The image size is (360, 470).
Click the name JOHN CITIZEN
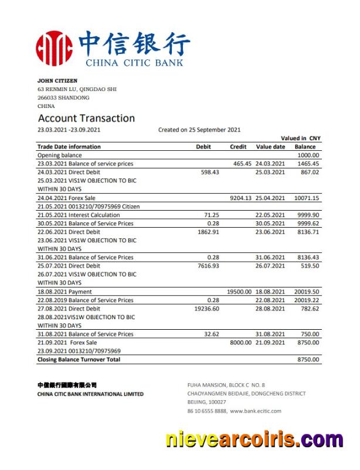[x=57, y=80]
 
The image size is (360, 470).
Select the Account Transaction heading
[x=86, y=119]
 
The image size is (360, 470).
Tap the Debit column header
[x=203, y=147]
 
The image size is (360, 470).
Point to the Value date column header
[x=271, y=147]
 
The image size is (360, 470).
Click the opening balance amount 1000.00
[x=308, y=155]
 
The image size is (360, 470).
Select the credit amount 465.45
[x=242, y=164]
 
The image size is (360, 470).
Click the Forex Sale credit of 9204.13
[x=240, y=198]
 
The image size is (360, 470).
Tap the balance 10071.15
[x=307, y=198]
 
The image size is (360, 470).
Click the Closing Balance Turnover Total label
[x=79, y=360]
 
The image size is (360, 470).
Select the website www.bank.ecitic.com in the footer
[x=256, y=411]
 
